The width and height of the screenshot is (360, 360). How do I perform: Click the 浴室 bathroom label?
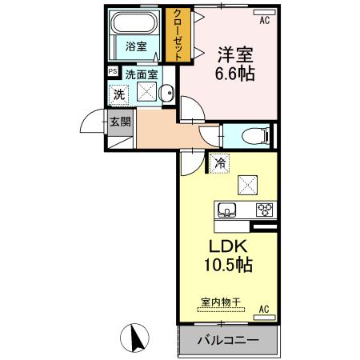[x=136, y=46]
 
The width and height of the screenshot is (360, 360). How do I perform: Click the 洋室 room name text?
[x=232, y=55]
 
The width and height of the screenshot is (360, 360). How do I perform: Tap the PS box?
[x=113, y=71]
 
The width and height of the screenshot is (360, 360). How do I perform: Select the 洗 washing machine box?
[x=118, y=93]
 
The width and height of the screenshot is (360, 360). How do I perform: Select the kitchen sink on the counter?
[x=227, y=210]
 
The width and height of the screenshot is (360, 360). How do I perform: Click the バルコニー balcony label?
[x=227, y=341]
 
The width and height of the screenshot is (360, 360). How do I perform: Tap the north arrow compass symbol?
[x=135, y=337]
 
